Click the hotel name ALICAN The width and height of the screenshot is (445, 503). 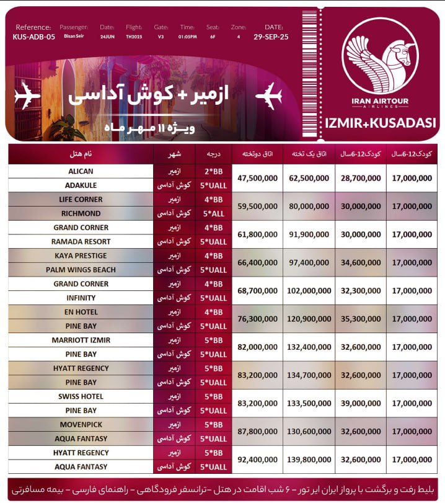pyautogui.click(x=81, y=171)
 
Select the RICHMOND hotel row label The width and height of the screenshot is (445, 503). pyautogui.click(x=81, y=213)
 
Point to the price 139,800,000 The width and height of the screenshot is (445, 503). pyautogui.click(x=309, y=460)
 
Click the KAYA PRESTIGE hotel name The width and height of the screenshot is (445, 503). pyautogui.click(x=81, y=256)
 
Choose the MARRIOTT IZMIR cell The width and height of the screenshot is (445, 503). pyautogui.click(x=81, y=340)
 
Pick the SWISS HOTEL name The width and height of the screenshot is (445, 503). pyautogui.click(x=81, y=396)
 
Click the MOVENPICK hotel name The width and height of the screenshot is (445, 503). pyautogui.click(x=81, y=425)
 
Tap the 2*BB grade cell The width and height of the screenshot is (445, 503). pyautogui.click(x=211, y=171)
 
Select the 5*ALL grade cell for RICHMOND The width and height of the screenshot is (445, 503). pyautogui.click(x=211, y=213)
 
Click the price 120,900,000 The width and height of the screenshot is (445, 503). pyautogui.click(x=309, y=319)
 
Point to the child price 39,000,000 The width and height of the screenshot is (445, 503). pyautogui.click(x=361, y=403)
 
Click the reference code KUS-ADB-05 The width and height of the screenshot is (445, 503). pyautogui.click(x=33, y=37)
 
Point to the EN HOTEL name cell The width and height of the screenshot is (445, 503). pyautogui.click(x=81, y=312)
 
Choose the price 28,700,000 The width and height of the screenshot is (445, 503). pyautogui.click(x=361, y=178)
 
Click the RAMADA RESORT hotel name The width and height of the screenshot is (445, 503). pyautogui.click(x=81, y=241)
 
